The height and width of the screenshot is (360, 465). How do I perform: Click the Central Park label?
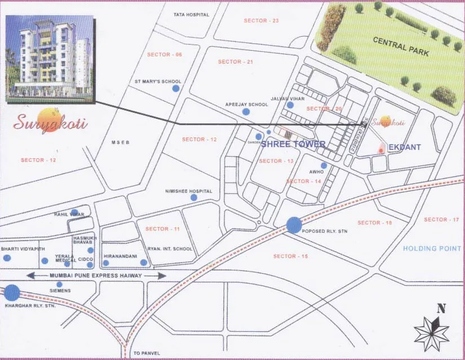[x=401, y=47]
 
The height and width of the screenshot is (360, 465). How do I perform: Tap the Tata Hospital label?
[x=191, y=15]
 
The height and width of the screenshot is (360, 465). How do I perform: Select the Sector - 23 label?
[x=261, y=21]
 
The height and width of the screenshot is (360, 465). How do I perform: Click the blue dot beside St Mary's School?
[x=176, y=88]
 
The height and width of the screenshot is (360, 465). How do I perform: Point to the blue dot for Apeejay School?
[x=246, y=112]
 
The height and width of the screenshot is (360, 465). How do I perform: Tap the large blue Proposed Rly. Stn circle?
[x=294, y=225]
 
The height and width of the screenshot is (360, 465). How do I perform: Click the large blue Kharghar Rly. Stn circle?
[x=12, y=293]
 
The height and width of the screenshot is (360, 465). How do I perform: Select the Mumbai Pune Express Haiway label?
[x=96, y=275]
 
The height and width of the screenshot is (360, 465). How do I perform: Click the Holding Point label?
[x=432, y=248]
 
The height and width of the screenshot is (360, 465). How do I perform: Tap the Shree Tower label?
[x=293, y=144]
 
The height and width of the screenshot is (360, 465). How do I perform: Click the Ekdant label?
[x=405, y=148]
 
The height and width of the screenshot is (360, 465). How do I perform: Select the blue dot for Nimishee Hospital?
[x=194, y=198]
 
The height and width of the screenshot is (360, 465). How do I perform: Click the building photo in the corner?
[x=49, y=59]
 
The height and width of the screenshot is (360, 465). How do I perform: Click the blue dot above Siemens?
[x=59, y=285]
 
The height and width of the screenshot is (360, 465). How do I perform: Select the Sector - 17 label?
[x=441, y=220]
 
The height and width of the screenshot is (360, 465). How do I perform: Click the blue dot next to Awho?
[x=324, y=166]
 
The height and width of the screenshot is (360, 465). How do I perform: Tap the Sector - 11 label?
[x=162, y=229]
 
